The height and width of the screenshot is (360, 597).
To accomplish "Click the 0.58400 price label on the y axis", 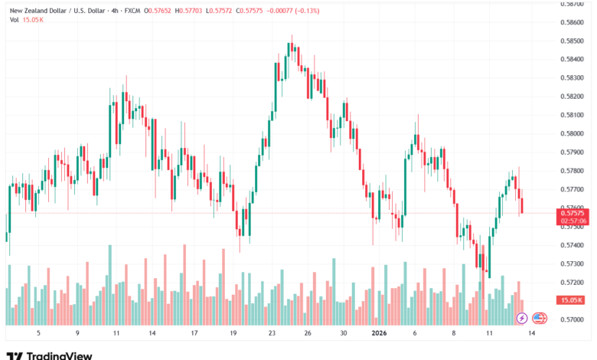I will tap(573, 59).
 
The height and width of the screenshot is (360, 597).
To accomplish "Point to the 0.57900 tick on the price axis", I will tap(573, 152).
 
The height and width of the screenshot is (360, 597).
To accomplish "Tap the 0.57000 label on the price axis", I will tap(573, 319).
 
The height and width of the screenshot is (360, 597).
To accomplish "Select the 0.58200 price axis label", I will tap(573, 97).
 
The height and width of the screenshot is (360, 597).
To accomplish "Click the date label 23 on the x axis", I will tap(272, 334).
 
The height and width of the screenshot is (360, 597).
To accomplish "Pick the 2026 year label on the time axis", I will tap(380, 334).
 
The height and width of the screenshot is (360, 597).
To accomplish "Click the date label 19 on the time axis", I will tap(233, 334).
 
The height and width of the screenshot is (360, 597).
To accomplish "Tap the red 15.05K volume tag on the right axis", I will tap(573, 300).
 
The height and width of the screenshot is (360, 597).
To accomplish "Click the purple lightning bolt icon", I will tap(522, 318).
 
